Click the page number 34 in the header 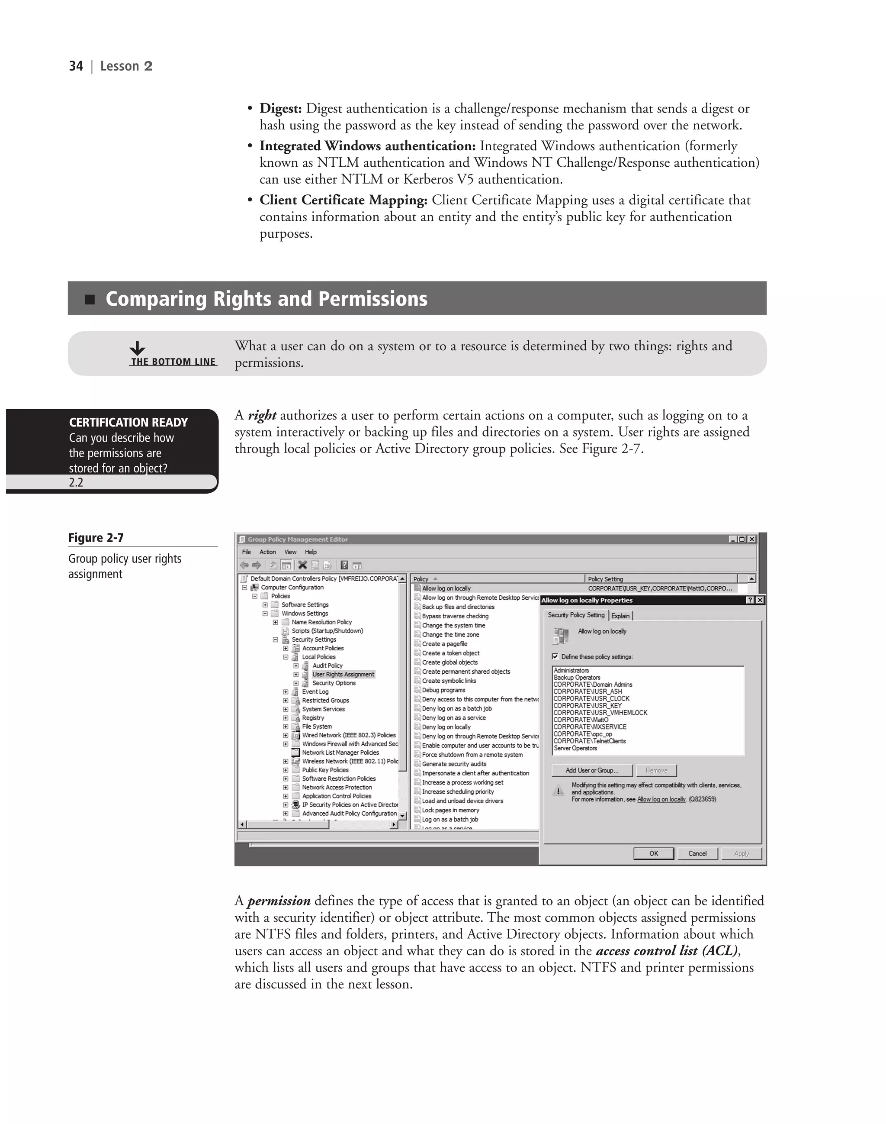(x=76, y=66)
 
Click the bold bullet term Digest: (x=280, y=109)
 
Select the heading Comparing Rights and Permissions (x=266, y=299)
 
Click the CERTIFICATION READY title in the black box (x=128, y=422)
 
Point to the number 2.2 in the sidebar (x=76, y=482)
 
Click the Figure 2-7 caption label (x=96, y=538)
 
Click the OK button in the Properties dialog (x=654, y=853)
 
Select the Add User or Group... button (x=592, y=770)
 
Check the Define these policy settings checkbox (x=555, y=657)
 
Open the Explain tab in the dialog (x=620, y=616)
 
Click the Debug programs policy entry (x=443, y=690)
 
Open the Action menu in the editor (x=268, y=552)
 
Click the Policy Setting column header (x=605, y=579)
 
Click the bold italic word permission (x=279, y=901)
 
